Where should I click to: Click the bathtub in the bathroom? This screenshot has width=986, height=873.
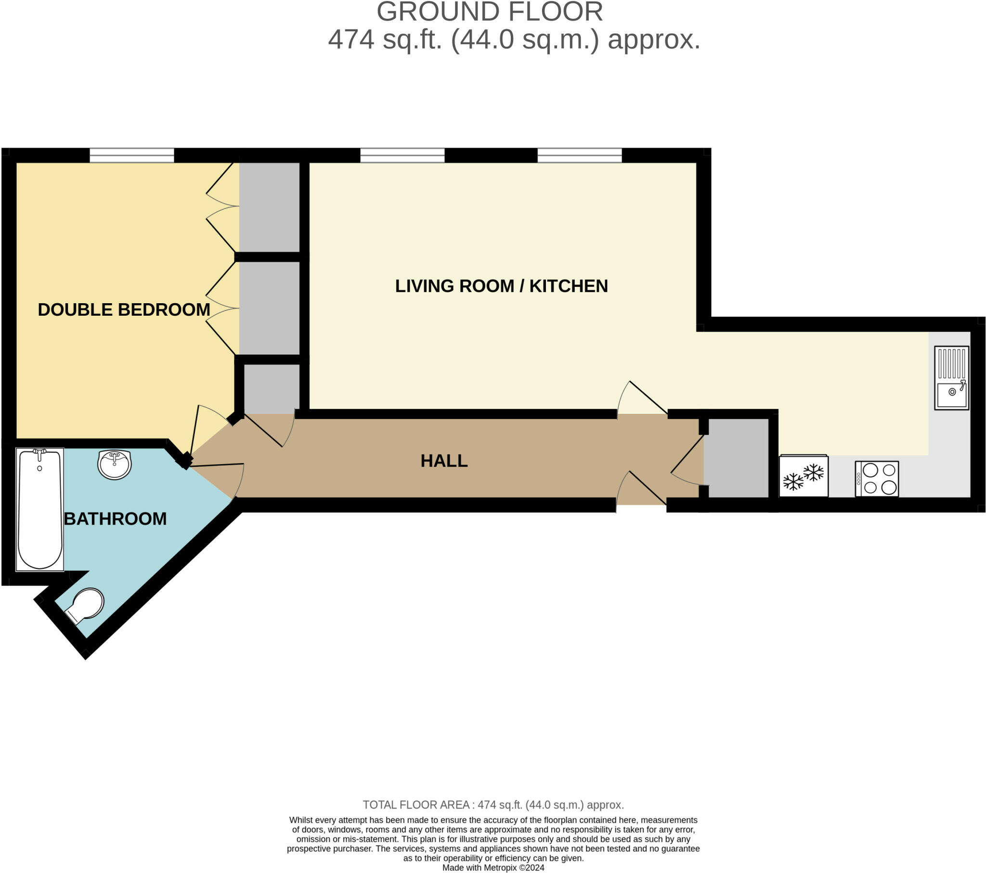tap(40, 509)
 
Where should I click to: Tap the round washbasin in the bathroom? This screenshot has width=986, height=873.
tap(114, 464)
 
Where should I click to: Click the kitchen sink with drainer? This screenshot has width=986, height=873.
tap(951, 378)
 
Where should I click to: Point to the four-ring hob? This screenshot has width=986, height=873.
tap(877, 478)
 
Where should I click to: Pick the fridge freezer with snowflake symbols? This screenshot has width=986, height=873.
tap(804, 476)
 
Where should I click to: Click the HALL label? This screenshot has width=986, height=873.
tap(444, 461)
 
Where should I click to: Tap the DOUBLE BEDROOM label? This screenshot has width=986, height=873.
tap(124, 309)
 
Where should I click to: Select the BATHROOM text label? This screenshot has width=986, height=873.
tap(115, 519)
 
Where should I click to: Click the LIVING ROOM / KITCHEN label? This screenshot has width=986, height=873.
tap(501, 286)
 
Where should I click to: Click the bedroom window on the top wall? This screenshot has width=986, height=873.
tap(132, 155)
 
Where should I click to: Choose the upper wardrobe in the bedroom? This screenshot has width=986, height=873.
tap(270, 207)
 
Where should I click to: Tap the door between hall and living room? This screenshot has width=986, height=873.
tap(642, 398)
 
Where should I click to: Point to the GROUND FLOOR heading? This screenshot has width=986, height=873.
tap(490, 12)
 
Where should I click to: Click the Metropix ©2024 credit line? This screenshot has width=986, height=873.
tap(493, 868)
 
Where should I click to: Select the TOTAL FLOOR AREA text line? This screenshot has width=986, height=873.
tap(493, 805)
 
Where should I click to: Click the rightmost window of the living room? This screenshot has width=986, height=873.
tap(579, 155)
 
